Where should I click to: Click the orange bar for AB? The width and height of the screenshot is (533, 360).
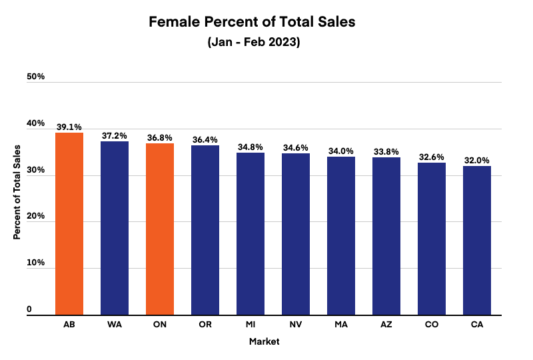point(69,223)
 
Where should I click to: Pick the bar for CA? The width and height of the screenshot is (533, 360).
point(477,240)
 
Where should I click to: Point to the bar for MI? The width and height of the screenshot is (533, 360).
point(251,233)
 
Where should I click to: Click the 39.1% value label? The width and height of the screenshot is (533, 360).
point(69,125)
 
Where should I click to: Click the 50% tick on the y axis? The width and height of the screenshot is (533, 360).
point(36,77)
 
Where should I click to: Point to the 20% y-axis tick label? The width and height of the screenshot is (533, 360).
point(36,217)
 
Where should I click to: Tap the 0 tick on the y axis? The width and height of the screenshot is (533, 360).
point(29,309)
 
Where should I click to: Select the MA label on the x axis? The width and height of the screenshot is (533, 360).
point(341,325)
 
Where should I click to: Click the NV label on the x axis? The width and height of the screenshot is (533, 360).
point(296,325)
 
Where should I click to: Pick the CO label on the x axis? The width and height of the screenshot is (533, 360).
point(432,325)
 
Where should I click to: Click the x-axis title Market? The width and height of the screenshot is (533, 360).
point(264,342)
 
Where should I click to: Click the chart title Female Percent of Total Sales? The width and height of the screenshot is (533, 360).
point(252,22)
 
